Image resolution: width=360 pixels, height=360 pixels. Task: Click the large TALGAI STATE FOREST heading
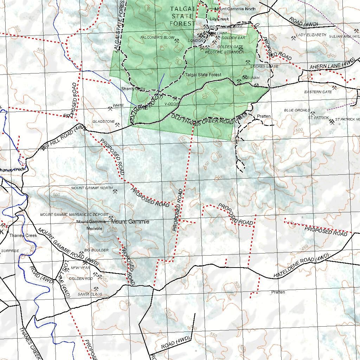pos(182,16)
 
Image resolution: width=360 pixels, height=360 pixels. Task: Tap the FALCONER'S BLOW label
pos(157,37)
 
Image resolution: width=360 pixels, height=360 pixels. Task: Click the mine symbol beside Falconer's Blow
pos(177,41)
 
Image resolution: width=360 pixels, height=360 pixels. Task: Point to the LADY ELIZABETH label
pos(311,35)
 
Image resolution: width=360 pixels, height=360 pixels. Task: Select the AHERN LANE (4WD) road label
pos(332,65)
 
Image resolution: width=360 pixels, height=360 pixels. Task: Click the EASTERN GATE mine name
pos(318,92)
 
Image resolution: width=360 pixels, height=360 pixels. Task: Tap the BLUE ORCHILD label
pos(297,110)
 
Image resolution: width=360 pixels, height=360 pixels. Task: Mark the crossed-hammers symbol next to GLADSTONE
pos(117,124)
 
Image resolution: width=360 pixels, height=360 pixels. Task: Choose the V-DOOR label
pos(172,104)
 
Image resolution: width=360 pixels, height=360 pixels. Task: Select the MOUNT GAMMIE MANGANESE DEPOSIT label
pos(74,214)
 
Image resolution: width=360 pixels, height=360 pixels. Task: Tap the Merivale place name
pos(94,228)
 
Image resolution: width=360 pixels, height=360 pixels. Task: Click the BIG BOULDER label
pos(96,250)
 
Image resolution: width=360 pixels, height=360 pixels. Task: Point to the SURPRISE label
pos(10,251)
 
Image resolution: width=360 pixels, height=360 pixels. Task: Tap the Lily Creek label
pos(219,19)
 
